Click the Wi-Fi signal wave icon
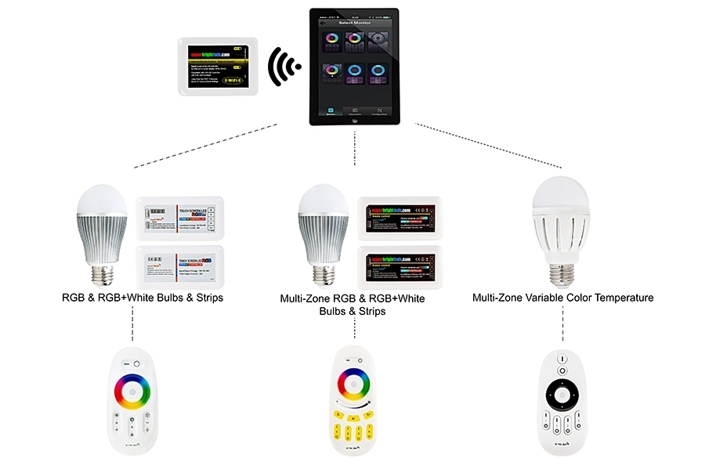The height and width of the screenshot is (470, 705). coord(284,68)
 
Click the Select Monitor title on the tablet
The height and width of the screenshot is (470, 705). coord(353,23)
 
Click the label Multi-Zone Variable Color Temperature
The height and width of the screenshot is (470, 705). coord(562,298)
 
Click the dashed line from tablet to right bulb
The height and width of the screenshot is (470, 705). coord(486,146)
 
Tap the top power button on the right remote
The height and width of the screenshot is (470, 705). coord(562,359)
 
